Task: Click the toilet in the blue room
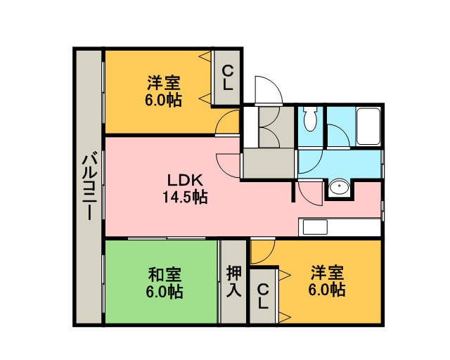click(x=310, y=119)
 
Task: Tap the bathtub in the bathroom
click(x=368, y=127)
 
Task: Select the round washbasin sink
click(x=339, y=188)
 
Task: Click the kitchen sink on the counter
click(x=315, y=227)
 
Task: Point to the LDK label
click(x=186, y=181)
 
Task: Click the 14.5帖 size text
click(x=185, y=197)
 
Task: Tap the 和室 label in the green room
click(x=165, y=274)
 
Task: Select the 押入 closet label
click(x=234, y=281)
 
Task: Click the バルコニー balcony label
click(x=89, y=187)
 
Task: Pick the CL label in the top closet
click(x=227, y=77)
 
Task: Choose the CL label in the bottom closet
click(x=262, y=296)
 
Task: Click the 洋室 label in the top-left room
click(x=164, y=83)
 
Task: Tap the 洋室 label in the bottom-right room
click(x=328, y=273)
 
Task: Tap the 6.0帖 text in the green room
click(x=165, y=292)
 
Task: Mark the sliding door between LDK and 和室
click(x=167, y=238)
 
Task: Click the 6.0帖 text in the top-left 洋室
click(x=163, y=100)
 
